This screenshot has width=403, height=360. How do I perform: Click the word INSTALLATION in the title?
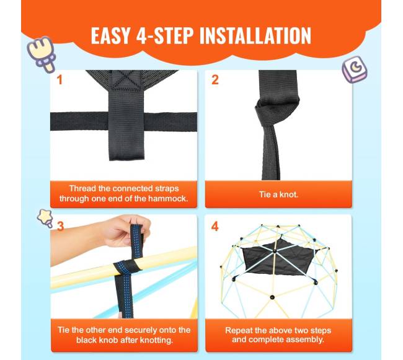coord(255,35)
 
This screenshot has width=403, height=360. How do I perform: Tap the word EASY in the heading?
coord(110,35)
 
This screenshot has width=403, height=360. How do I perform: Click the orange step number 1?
coord(60,80)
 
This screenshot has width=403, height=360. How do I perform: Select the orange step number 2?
coord(215,80)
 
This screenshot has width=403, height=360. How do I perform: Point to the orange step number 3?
coord(60,226)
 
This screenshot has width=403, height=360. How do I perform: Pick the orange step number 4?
coord(215,226)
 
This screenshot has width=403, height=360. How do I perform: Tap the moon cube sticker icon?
coord(355,69)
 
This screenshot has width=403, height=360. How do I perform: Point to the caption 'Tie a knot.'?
coord(278,195)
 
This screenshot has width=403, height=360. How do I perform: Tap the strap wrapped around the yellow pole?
coord(127,268)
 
